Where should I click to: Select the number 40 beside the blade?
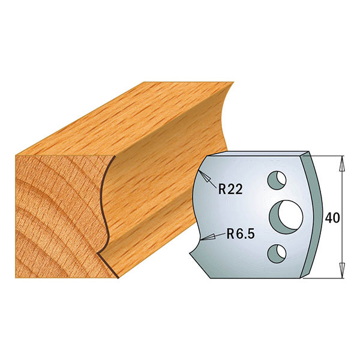click(x=332, y=217)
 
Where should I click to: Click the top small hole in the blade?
click(x=277, y=179)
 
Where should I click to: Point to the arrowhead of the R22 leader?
click(x=203, y=175)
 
